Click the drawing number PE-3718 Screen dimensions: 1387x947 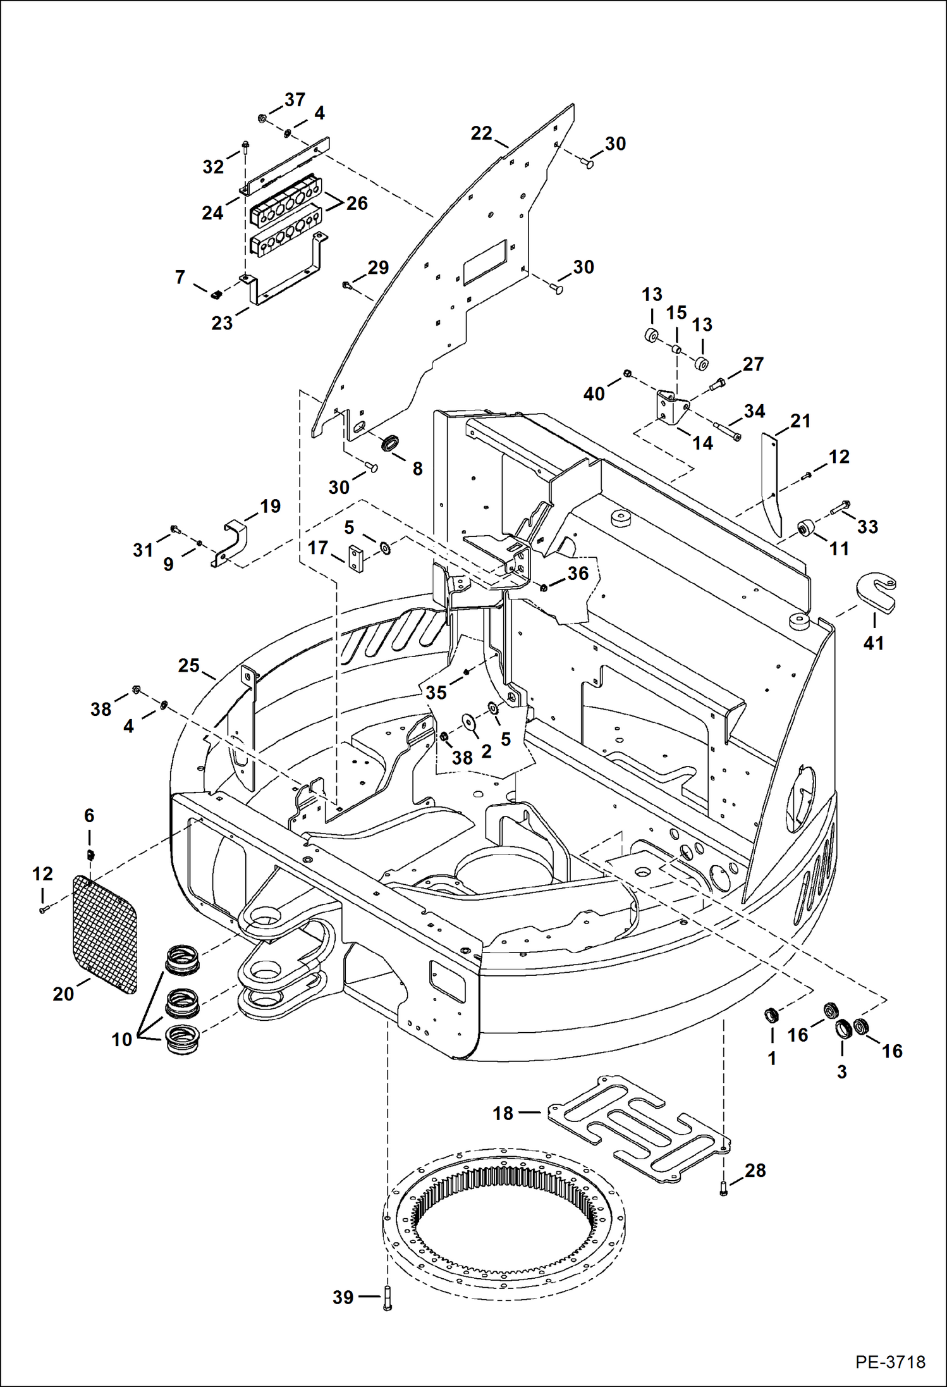coord(890,1361)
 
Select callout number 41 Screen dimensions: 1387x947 coord(873,643)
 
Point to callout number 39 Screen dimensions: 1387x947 coord(343,1297)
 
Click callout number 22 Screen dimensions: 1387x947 coord(481,133)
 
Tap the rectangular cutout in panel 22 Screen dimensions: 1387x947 coord(485,261)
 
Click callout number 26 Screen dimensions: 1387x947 coord(357,203)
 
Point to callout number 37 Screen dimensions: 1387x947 coord(295,100)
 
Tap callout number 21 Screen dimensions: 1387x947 coord(800,421)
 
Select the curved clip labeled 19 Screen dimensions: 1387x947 coord(231,542)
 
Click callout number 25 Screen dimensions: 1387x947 coord(188,665)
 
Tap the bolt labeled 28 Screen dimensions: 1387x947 coord(724,1192)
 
